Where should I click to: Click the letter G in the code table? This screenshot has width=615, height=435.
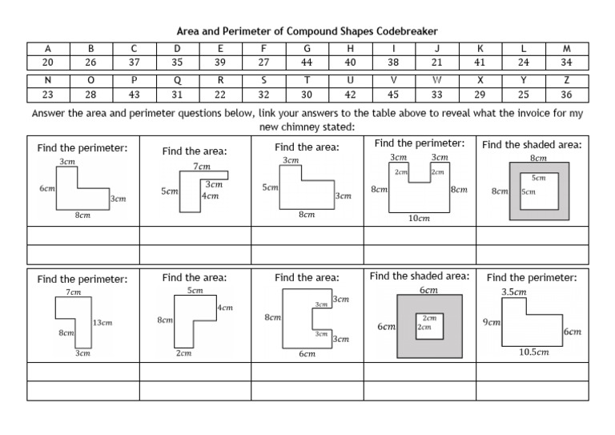pos(307,48)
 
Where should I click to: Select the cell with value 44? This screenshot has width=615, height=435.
pos(307,61)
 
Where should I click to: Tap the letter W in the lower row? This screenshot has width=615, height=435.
pos(436,80)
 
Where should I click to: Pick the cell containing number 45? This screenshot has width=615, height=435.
pos(393,93)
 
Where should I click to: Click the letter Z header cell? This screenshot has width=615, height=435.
pos(567,80)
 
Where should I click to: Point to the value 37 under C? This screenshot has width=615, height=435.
pos(134,61)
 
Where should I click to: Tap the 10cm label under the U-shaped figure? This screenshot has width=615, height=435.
pos(419,218)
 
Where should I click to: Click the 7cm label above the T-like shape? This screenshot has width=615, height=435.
pos(203,167)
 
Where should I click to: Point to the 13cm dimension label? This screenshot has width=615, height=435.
pos(102,322)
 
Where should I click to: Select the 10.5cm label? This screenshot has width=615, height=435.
pos(534,351)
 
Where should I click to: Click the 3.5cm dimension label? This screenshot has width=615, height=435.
pos(514,292)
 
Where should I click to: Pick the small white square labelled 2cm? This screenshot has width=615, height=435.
pos(429,324)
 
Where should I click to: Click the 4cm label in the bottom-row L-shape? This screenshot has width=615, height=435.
pos(225,307)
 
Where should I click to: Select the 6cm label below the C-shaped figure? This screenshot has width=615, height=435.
pos(307,353)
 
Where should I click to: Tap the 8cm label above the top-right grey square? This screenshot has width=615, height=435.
pos(538,159)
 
